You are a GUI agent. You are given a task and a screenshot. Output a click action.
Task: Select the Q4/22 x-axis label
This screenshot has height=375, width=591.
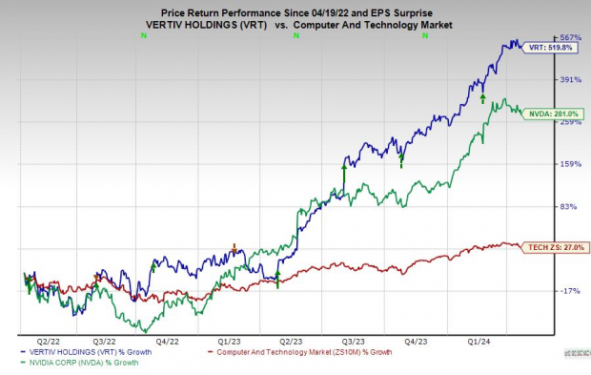point(168,340)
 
